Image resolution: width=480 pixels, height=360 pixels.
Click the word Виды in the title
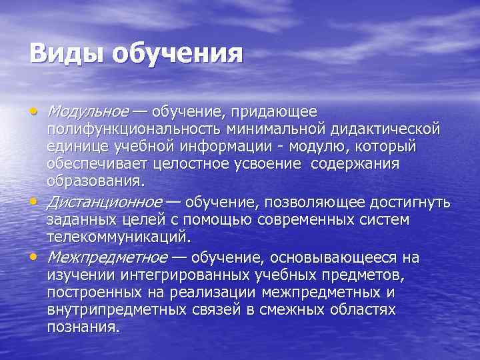pyautogui.click(x=66, y=53)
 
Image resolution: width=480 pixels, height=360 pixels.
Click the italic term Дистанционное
pyautogui.click(x=104, y=202)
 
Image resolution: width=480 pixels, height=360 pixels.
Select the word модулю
pyautogui.click(x=325, y=146)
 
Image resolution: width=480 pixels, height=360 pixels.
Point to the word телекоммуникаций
pyautogui.click(x=119, y=237)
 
